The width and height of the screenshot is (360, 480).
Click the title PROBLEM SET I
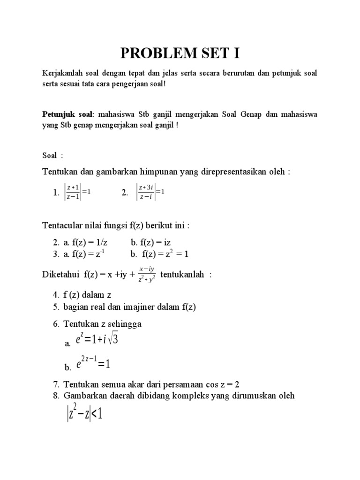click(x=180, y=53)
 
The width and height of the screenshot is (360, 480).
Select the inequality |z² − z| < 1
click(x=84, y=414)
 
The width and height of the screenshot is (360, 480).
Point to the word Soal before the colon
click(x=49, y=155)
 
